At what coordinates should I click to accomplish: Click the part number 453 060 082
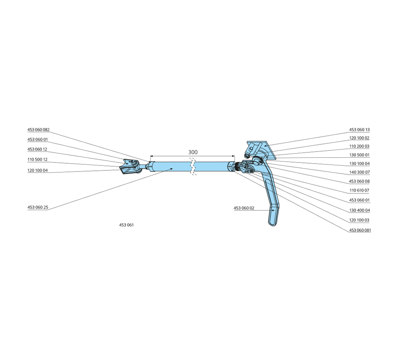click(x=38, y=130)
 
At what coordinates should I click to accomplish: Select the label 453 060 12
click(x=37, y=149)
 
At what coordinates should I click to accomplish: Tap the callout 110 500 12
click(x=37, y=159)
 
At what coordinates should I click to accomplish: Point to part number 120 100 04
click(x=38, y=170)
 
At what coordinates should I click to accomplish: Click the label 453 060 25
click(x=38, y=207)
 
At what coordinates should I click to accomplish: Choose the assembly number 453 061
click(x=127, y=225)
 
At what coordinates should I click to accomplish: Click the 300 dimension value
click(x=193, y=152)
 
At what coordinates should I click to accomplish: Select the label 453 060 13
click(x=359, y=130)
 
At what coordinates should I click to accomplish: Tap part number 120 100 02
click(x=359, y=138)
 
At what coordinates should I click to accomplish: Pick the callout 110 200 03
click(x=359, y=146)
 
